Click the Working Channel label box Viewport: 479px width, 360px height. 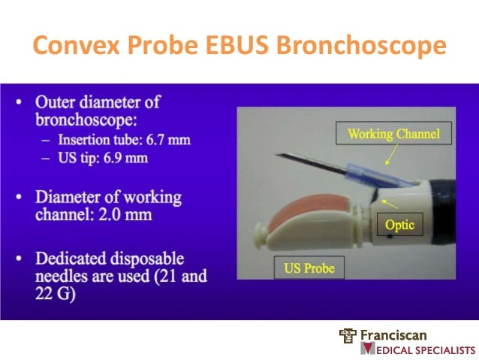(393, 135)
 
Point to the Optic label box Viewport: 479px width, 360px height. (399, 224)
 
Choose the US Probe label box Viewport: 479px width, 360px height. (309, 267)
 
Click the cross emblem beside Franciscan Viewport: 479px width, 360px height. (348, 335)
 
